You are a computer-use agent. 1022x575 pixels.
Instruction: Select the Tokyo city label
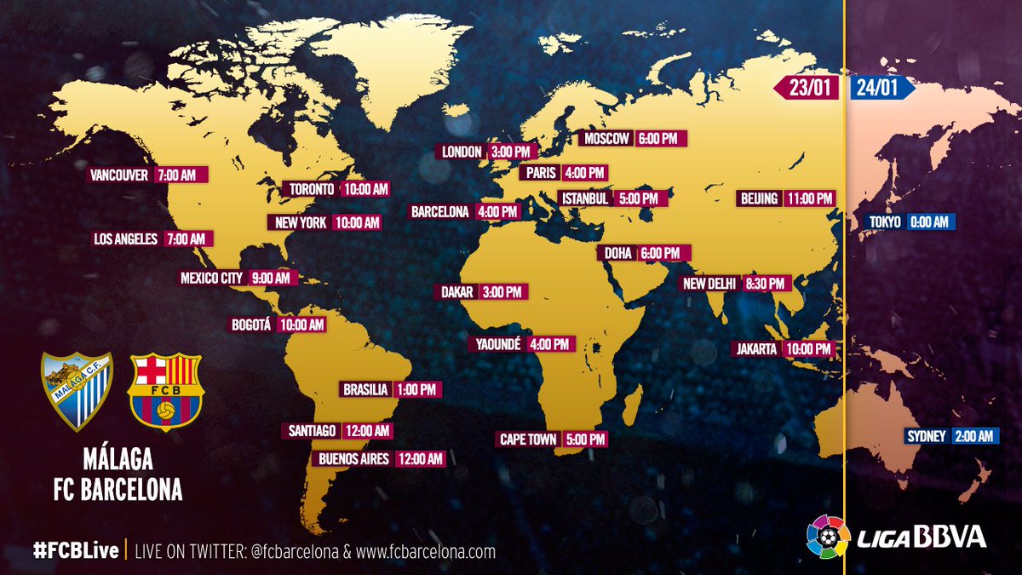tap(884, 222)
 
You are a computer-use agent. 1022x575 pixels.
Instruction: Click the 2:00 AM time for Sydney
tap(973, 436)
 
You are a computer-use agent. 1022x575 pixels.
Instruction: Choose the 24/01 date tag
tap(880, 88)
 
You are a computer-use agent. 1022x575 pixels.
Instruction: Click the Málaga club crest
tap(77, 390)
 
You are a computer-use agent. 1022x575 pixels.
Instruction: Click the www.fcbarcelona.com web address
tap(426, 551)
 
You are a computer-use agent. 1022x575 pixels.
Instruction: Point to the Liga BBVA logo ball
tap(828, 537)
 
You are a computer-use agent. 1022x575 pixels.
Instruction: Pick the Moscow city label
tap(606, 139)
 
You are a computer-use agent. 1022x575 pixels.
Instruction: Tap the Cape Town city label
tap(528, 440)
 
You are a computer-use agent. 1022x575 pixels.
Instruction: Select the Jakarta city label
tap(756, 349)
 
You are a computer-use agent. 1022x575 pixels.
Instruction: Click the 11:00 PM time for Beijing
tap(809, 198)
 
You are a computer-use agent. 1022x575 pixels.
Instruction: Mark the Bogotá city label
tap(251, 325)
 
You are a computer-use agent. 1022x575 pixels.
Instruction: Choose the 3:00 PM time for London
tap(511, 152)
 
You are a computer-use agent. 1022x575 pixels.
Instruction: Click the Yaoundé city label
tap(495, 344)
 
